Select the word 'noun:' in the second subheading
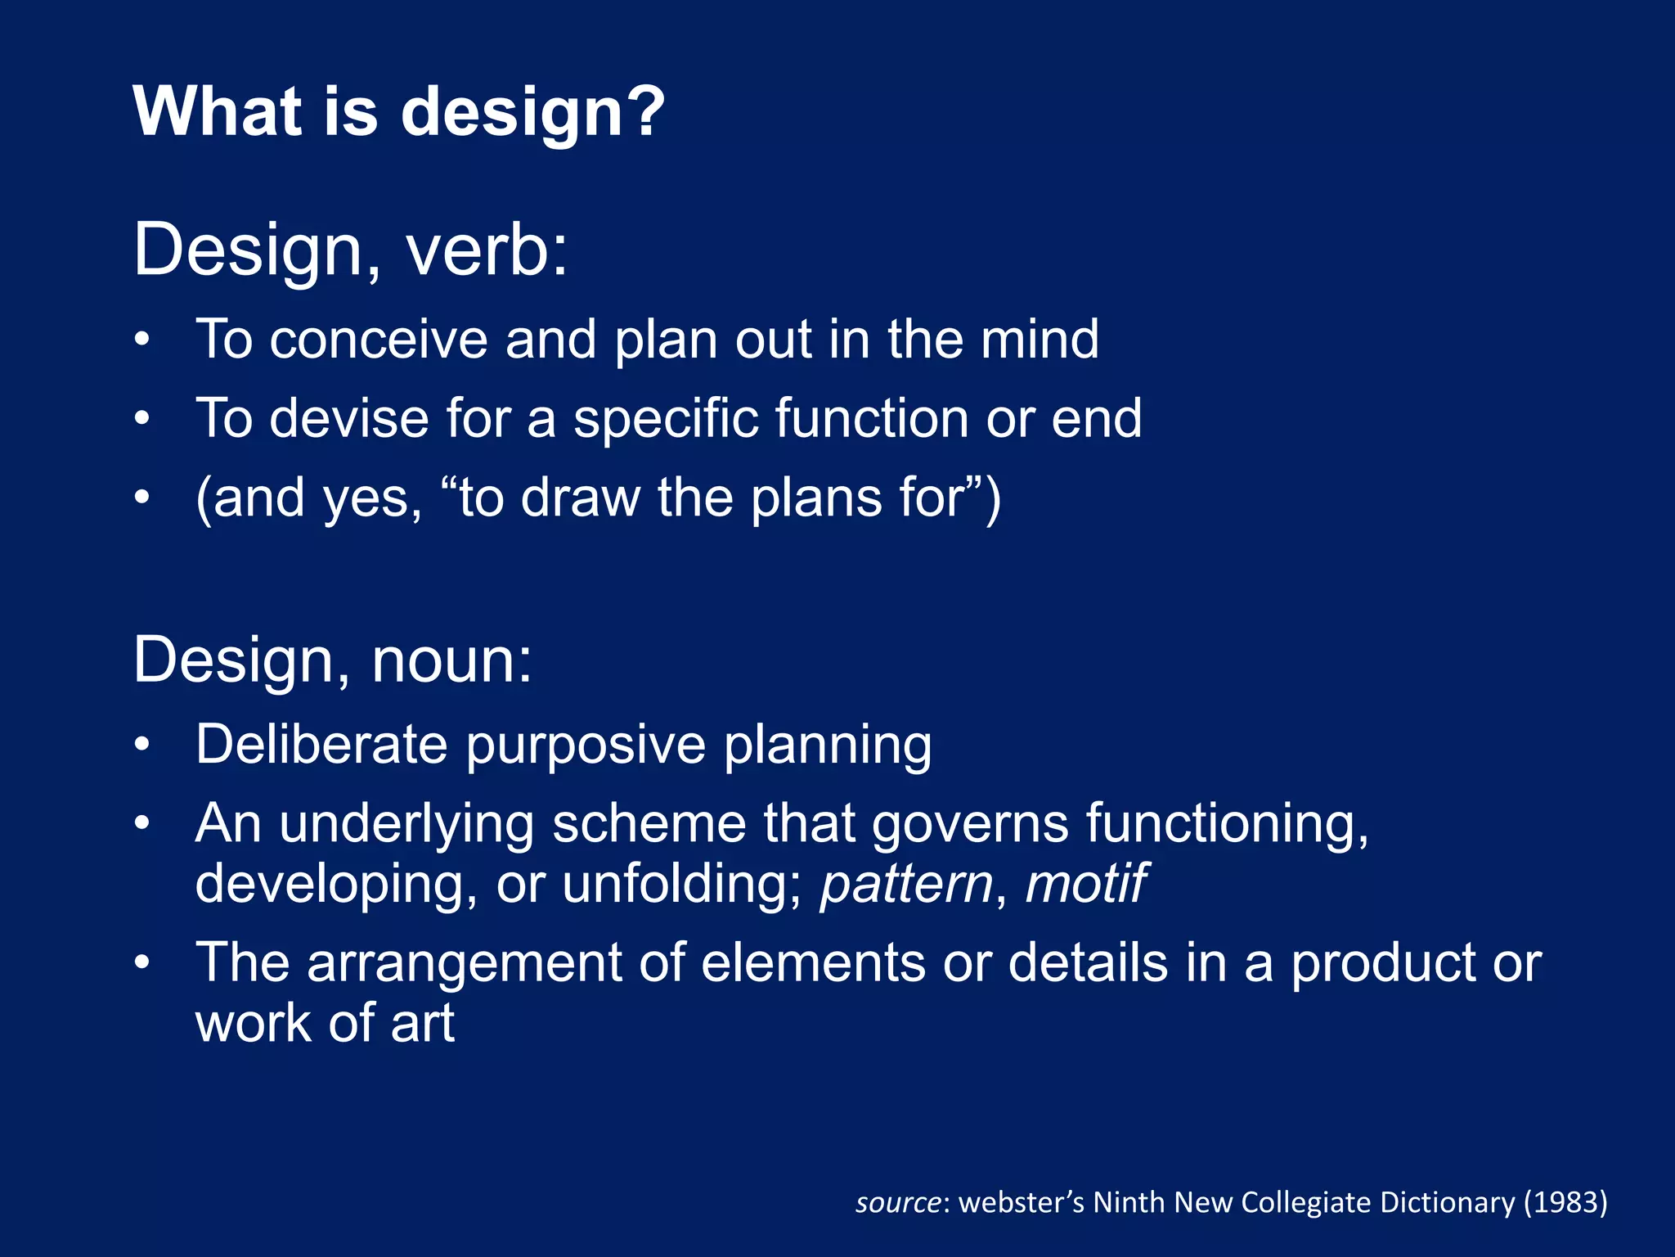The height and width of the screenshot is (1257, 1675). [x=451, y=660]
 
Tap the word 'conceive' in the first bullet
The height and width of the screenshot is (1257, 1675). [x=379, y=340]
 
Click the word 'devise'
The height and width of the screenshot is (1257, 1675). [x=349, y=418]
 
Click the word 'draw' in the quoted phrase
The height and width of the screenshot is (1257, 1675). [x=580, y=498]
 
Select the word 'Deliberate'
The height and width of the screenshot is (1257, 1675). [x=321, y=745]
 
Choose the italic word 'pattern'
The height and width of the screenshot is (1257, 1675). [x=906, y=885]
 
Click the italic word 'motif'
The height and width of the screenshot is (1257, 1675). [x=1085, y=884]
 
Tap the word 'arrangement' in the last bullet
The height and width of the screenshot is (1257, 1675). [x=464, y=964]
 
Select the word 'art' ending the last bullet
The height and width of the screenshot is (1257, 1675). [x=422, y=1024]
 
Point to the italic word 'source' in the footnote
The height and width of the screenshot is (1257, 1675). [x=898, y=1203]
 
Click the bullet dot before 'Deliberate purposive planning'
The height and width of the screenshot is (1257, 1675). [x=142, y=745]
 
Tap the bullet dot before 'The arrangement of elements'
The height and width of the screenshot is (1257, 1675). [x=142, y=962]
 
